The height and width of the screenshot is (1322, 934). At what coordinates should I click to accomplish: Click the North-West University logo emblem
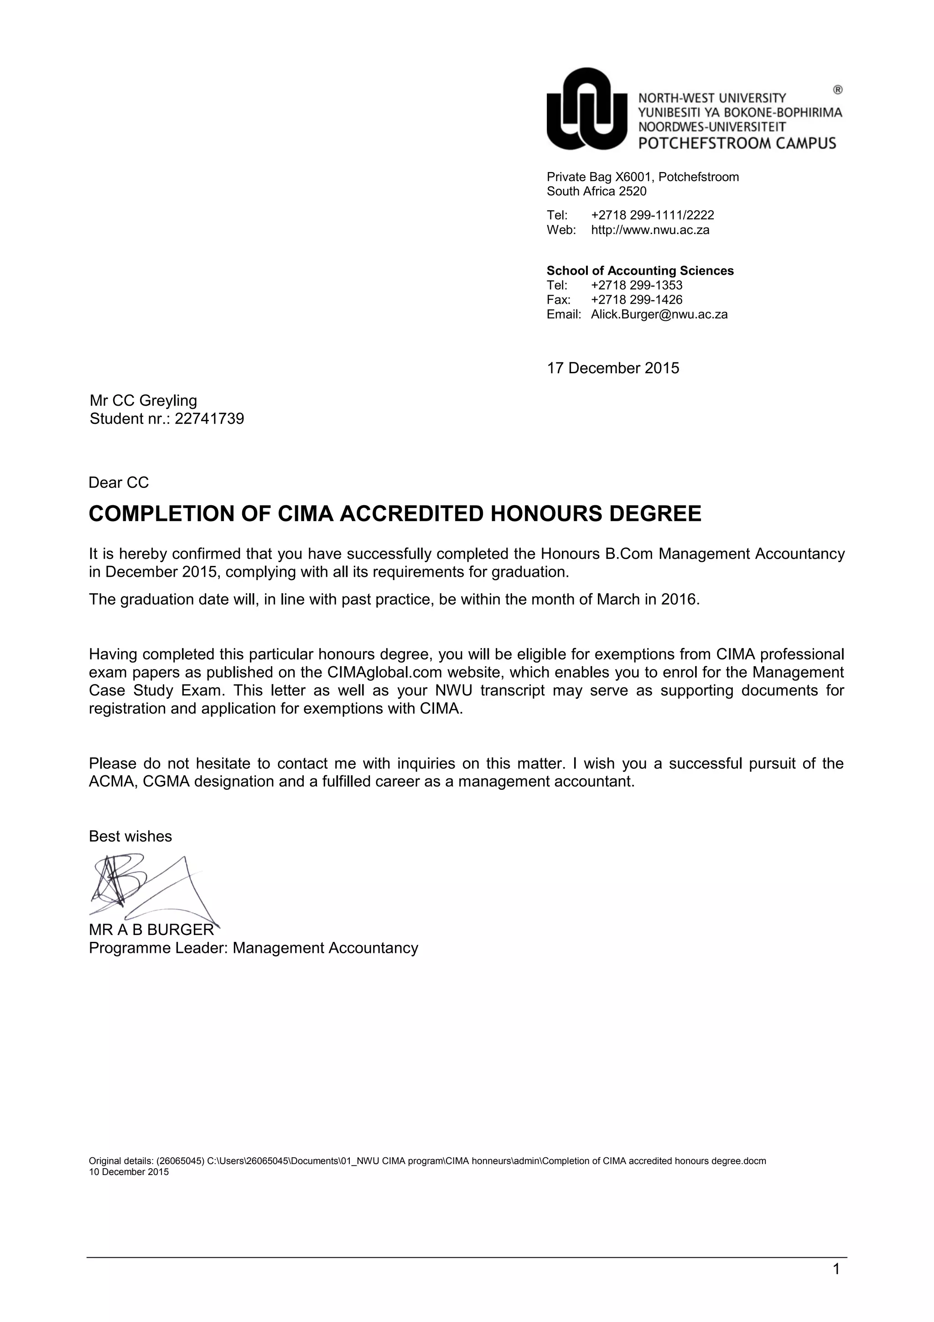pos(586,110)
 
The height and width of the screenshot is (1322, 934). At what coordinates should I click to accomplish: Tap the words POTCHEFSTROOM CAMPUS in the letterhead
pos(737,143)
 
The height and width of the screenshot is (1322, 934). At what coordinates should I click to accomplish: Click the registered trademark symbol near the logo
pos(838,90)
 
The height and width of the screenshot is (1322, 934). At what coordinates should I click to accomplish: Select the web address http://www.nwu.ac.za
pos(650,230)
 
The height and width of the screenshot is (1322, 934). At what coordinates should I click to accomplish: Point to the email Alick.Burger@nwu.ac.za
pos(659,314)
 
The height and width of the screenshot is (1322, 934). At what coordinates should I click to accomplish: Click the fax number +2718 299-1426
pos(637,300)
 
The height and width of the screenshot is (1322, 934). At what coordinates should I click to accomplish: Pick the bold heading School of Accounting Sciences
pos(640,271)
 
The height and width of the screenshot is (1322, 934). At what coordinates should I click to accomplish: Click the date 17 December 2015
pos(613,368)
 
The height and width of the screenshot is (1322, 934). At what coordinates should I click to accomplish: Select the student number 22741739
pos(209,418)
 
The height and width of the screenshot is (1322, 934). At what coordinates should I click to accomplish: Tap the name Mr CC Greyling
pos(143,400)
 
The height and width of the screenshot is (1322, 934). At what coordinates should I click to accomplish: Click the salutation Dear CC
pos(119,482)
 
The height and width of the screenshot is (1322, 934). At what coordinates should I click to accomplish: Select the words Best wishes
pos(130,836)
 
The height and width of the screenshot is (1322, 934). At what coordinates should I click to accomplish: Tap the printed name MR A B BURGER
pos(151,930)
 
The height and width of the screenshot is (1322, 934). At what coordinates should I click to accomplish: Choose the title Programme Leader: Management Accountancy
pos(253,948)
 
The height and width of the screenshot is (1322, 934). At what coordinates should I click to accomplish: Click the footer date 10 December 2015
pos(129,1172)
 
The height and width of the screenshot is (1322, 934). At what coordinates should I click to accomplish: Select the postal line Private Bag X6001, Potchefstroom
pos(643,177)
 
